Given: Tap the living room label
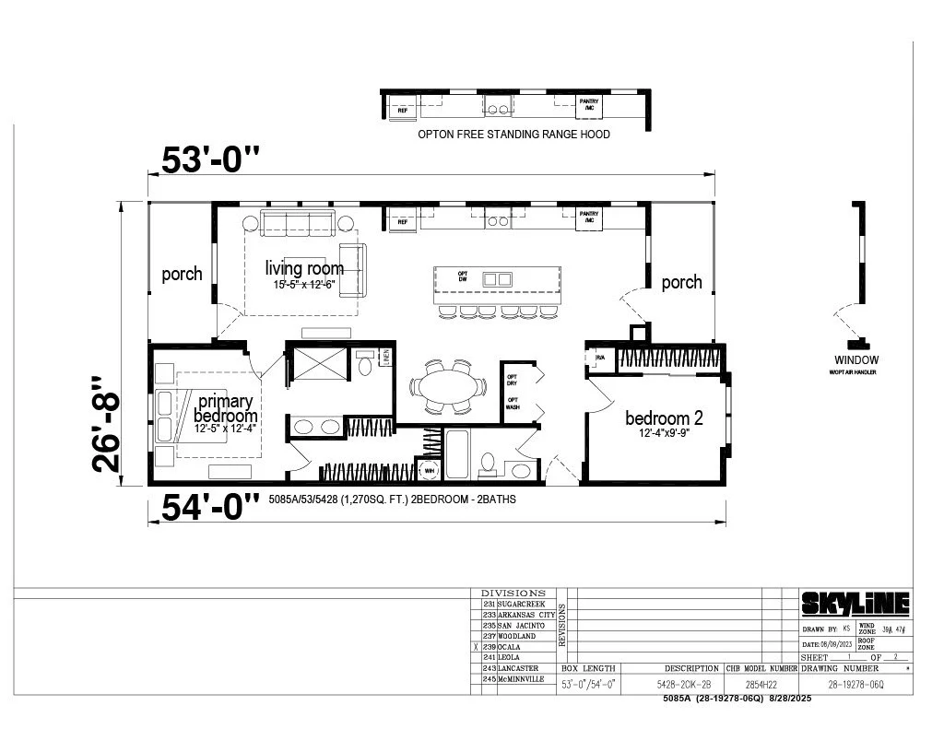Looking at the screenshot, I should click(x=304, y=268).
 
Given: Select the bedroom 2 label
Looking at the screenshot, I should click(x=664, y=417).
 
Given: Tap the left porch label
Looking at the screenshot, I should click(x=182, y=274).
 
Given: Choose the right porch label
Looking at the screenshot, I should click(x=681, y=282).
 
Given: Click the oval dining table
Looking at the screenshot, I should click(x=448, y=384).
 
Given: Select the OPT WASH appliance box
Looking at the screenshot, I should click(x=513, y=405).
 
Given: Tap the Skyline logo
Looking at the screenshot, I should click(x=855, y=604).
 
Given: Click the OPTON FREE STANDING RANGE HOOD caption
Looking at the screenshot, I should click(x=513, y=134).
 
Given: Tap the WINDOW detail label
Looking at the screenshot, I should click(x=856, y=359).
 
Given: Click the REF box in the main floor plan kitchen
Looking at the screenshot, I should click(x=402, y=221).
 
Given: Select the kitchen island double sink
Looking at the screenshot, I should click(x=497, y=278).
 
